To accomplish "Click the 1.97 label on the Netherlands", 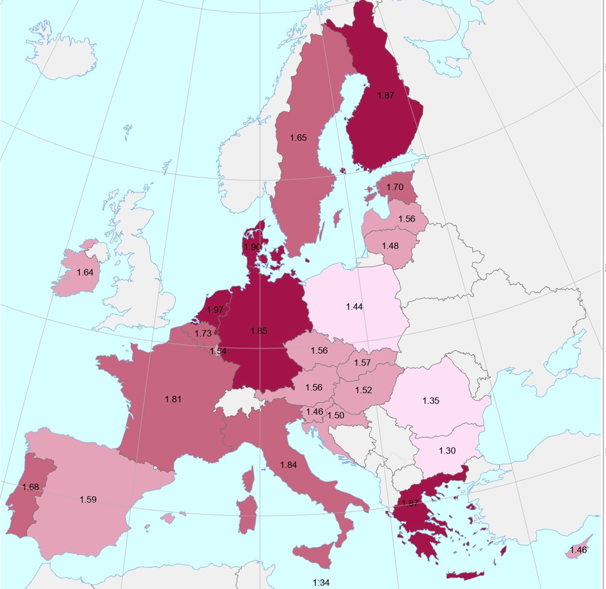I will (215, 310).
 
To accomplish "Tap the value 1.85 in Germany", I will (258, 331).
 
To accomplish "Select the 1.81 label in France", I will (173, 399).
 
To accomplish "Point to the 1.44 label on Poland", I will (354, 307).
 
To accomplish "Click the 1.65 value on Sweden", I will (298, 138).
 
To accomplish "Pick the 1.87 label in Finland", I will (385, 95).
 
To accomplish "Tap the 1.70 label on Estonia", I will (395, 187).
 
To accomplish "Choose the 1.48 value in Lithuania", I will (390, 246).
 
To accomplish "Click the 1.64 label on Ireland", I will (85, 272).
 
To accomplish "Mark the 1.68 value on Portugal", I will (31, 487).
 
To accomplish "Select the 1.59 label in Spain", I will (88, 500).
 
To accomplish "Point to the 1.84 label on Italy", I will (288, 465).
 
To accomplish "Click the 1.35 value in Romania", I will (431, 401).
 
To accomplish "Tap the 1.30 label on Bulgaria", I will (447, 450).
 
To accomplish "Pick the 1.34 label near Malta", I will (321, 582).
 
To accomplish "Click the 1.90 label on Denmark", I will (252, 247).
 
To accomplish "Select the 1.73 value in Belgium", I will (203, 334).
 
